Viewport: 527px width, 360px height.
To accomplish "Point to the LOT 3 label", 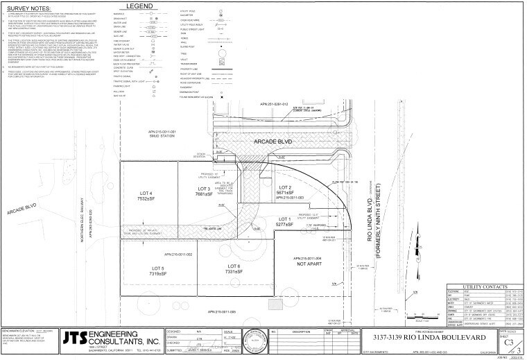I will (x=204, y=189).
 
